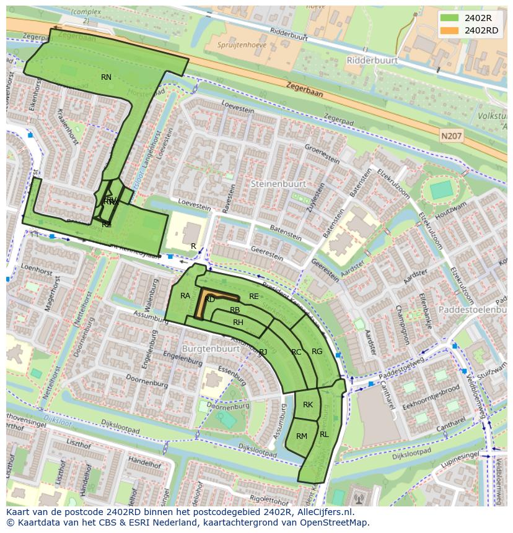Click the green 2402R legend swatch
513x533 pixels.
450,18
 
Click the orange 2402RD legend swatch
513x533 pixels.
450,30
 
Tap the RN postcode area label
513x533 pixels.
106,77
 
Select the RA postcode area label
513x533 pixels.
185,296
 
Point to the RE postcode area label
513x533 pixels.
253,297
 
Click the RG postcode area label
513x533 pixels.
317,352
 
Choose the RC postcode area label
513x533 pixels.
296,352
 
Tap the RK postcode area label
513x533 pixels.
308,405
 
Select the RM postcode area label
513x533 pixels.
302,436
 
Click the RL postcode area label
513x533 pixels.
324,435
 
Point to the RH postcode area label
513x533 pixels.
238,323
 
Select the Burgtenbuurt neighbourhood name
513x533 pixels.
211,349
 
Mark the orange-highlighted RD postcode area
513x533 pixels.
210,300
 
